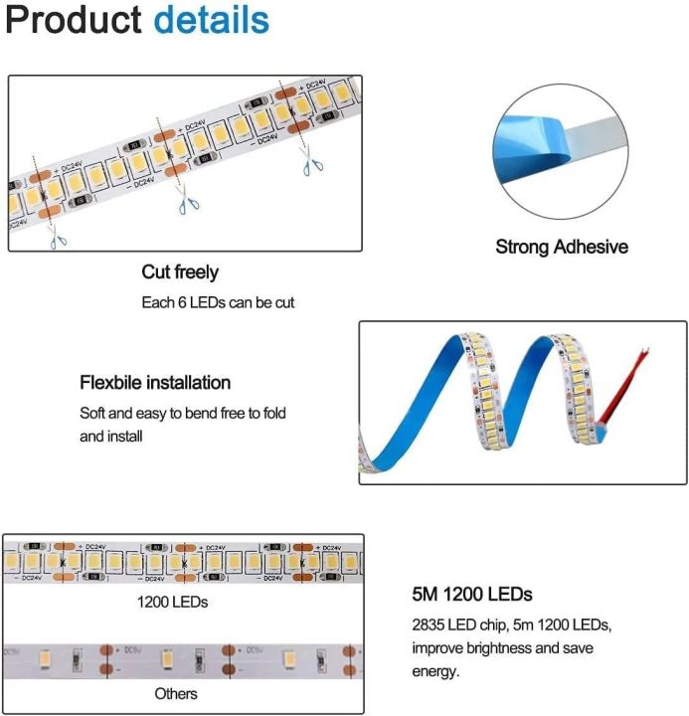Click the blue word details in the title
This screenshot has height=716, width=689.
tap(212, 22)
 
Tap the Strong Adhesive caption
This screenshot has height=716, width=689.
tap(562, 247)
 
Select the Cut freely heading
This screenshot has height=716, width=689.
tap(180, 272)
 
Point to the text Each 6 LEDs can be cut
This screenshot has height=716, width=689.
tap(218, 302)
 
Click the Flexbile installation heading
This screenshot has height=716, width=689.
tap(155, 383)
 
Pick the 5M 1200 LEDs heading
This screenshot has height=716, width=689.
tap(472, 595)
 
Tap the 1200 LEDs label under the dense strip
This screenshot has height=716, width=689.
tap(173, 603)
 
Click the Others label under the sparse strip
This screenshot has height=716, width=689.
tap(175, 693)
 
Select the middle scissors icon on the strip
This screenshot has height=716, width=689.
tap(185, 203)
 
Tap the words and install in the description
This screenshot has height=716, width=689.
tap(111, 436)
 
